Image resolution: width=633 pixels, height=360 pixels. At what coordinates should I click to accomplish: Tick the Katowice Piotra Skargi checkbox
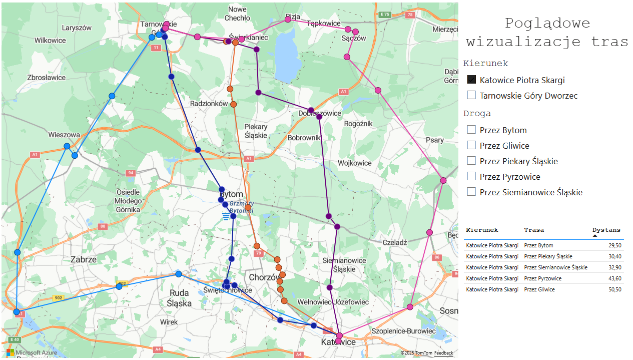471,80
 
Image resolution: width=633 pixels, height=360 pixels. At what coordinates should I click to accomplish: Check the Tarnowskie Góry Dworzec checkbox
471,95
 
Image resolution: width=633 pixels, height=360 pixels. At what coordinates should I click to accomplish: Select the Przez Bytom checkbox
471,130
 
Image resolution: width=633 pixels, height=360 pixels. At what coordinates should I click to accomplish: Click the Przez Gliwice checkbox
471,146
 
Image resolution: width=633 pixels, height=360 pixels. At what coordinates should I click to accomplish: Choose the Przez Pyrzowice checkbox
471,177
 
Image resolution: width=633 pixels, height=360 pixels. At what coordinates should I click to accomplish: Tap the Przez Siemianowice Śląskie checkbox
471,192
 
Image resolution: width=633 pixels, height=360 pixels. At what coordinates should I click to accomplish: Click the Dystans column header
606,230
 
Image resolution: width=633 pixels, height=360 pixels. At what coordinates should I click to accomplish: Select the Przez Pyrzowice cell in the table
542,278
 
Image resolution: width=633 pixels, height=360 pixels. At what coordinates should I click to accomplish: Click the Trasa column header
534,230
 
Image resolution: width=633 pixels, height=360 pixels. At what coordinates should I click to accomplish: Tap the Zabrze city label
83,259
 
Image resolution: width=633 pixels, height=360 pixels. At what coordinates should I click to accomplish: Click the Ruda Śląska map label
179,298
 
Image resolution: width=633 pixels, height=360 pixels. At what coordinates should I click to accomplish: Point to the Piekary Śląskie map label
256,131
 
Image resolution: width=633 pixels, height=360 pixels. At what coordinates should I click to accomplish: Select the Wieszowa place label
64,135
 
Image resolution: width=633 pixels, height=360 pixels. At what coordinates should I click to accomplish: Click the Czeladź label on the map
395,242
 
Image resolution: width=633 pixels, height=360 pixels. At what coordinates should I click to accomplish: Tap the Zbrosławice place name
47,78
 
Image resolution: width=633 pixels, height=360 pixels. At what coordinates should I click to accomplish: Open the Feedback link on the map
443,353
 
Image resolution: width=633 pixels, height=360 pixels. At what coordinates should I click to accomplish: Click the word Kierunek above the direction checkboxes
485,63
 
